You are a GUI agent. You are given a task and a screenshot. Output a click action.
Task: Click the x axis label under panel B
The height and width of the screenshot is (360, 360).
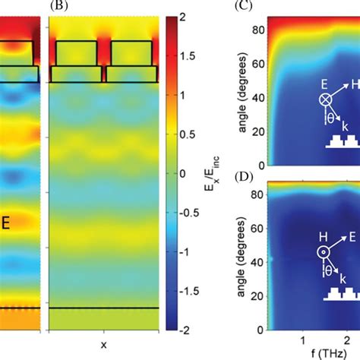103,345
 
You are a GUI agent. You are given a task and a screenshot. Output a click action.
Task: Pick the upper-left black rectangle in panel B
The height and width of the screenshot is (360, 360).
76,52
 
